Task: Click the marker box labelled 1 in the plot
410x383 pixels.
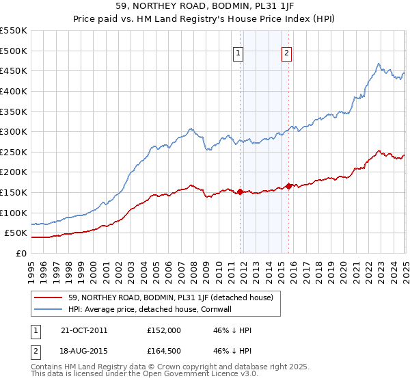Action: pos(238,54)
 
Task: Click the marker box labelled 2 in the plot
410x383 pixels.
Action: pos(286,54)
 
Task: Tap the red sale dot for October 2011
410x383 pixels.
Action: pos(240,192)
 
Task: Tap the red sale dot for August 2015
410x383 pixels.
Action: pos(288,186)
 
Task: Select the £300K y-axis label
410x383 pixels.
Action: pos(14,131)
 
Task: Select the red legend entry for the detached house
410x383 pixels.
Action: pos(171,298)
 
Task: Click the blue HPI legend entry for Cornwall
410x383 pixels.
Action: pos(151,309)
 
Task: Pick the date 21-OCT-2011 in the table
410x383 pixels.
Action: pos(84,330)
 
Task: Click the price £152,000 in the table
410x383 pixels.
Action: pos(163,330)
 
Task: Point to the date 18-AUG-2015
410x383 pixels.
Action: pos(84,352)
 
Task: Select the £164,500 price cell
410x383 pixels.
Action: pos(163,352)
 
